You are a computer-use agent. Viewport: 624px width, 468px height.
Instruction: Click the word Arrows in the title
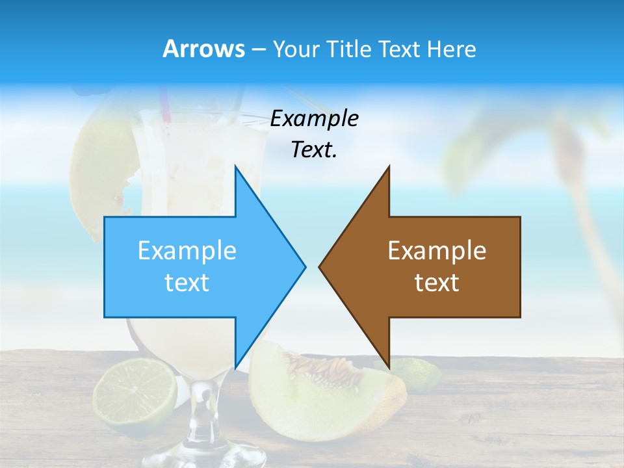point(204,49)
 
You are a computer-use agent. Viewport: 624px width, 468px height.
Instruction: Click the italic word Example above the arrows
point(315,118)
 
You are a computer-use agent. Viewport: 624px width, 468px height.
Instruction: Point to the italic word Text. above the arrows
point(315,149)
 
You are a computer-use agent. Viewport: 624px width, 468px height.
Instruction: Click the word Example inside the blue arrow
point(187,251)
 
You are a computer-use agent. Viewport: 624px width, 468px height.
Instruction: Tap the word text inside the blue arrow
point(187,283)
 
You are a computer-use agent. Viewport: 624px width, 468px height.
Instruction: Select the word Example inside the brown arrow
point(437,251)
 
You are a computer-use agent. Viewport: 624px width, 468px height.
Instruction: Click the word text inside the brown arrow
point(437,283)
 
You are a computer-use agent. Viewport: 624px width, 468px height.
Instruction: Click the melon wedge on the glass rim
point(97,169)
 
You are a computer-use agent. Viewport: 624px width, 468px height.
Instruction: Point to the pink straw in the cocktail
point(164,107)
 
